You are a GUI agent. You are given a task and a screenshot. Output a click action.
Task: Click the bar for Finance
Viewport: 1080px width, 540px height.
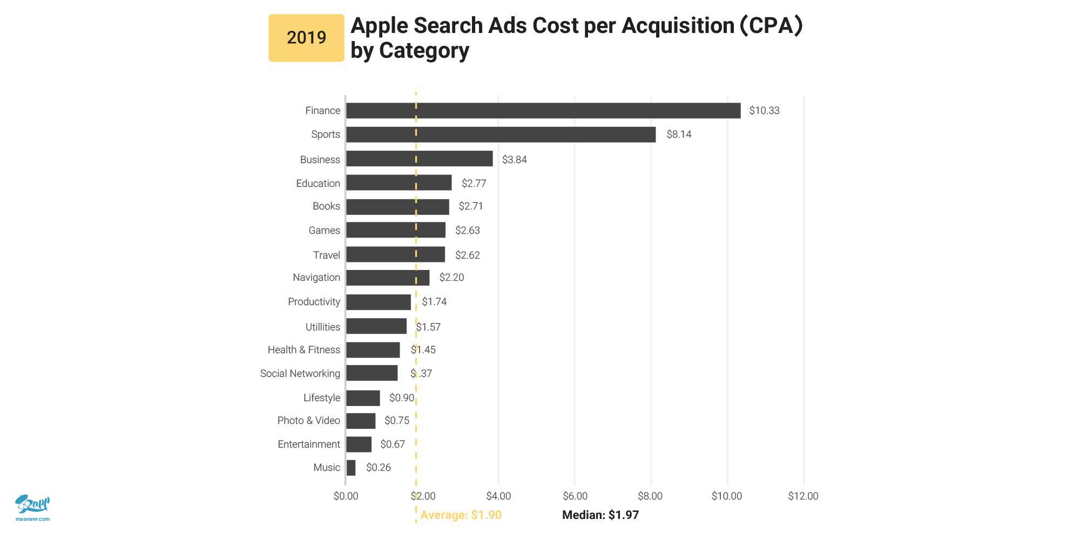point(543,111)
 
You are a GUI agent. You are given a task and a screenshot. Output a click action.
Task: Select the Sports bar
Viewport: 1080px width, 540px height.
point(501,134)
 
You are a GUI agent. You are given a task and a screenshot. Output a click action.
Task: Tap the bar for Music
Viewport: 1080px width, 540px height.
point(351,468)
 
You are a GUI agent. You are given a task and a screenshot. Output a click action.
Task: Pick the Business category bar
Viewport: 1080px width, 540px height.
point(419,159)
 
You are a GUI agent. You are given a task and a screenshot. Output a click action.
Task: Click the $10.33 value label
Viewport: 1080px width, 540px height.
point(764,111)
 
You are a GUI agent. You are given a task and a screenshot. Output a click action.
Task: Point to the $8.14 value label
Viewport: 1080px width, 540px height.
point(679,134)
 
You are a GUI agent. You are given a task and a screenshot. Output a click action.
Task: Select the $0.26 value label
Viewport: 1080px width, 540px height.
point(378,468)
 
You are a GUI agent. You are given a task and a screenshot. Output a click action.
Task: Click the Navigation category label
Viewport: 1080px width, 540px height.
point(316,278)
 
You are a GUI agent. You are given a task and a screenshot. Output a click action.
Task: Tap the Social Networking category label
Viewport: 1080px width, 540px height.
point(300,374)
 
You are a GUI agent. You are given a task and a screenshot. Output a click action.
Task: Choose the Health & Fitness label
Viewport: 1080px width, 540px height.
point(304,350)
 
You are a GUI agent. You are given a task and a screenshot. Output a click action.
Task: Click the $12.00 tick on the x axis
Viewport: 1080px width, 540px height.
point(803,496)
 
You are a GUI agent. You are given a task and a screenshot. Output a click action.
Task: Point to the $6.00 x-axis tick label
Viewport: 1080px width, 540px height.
point(575,496)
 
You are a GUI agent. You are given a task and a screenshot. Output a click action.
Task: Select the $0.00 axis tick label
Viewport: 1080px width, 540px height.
point(346,496)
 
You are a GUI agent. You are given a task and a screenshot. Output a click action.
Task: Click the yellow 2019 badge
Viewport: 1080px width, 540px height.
point(306,38)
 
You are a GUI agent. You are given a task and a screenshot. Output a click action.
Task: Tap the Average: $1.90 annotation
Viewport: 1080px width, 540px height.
point(461,515)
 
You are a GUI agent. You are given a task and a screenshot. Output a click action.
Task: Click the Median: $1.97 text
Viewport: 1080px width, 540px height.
point(600,515)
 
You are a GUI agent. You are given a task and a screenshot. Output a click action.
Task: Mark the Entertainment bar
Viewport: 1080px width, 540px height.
point(359,444)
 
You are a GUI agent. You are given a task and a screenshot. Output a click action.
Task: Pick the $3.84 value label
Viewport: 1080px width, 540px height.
point(514,160)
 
